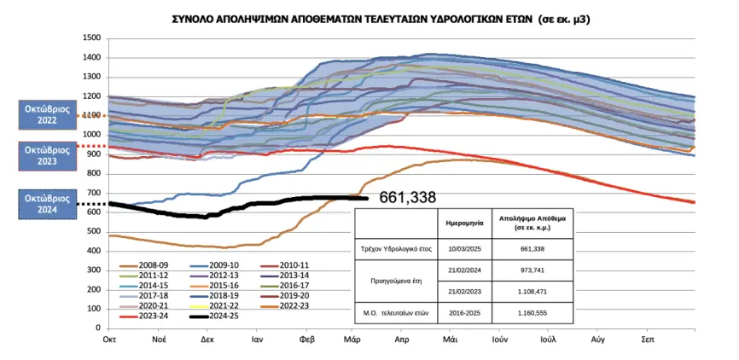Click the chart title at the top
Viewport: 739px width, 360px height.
[x=369, y=17]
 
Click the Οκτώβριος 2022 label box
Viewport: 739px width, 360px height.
[x=46, y=114]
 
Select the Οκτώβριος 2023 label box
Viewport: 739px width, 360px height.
[x=46, y=154]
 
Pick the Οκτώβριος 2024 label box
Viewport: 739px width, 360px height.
[x=46, y=204]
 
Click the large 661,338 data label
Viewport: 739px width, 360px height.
[x=407, y=198]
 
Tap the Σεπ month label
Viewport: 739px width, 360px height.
[x=648, y=340]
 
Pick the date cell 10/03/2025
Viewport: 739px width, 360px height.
[x=465, y=248]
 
